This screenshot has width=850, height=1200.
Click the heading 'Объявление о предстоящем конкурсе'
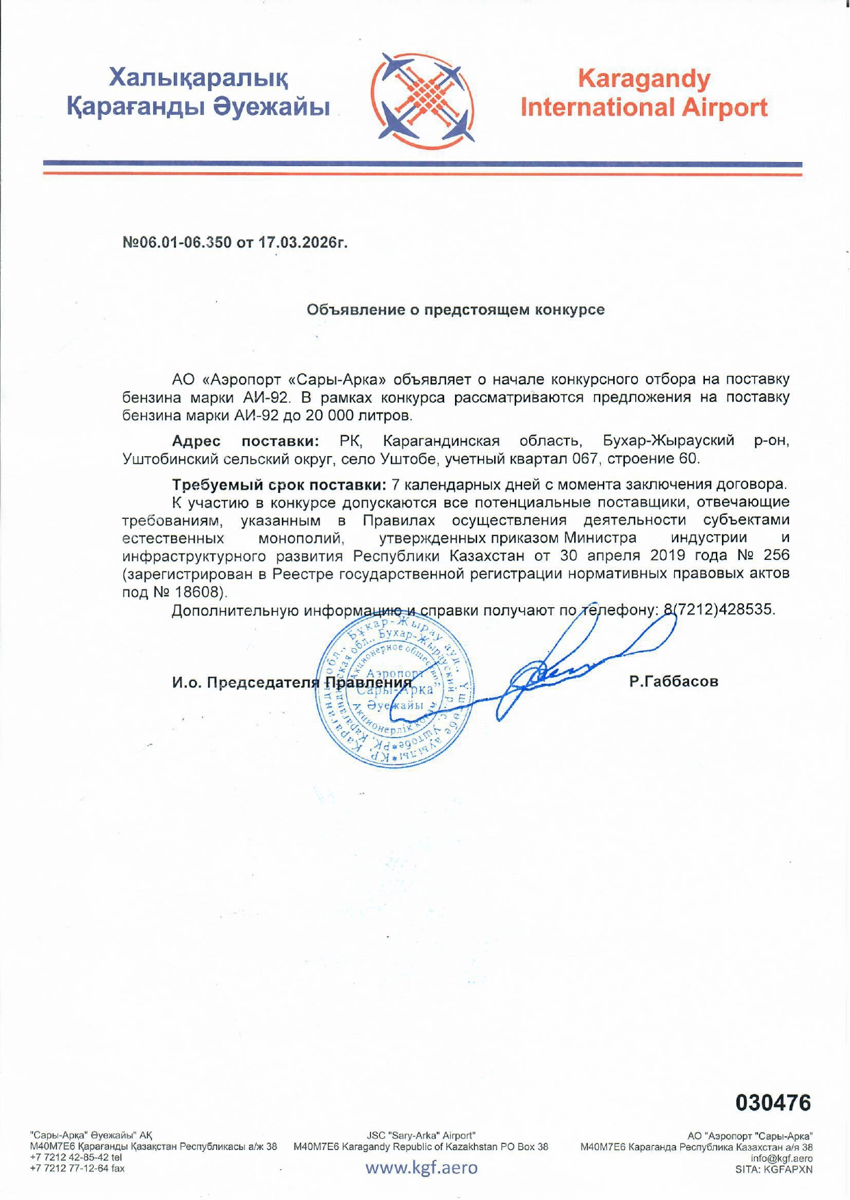455,310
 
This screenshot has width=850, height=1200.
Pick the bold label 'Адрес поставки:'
246,440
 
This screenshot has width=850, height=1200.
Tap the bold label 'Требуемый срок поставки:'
279,485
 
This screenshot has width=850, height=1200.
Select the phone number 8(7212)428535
719,609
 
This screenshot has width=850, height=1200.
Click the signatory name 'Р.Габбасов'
673,681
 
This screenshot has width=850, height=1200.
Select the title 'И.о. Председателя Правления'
292,682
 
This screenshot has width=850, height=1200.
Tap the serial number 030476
773,1102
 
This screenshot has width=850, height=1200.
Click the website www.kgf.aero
421,1168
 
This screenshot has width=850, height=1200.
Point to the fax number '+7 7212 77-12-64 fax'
77,1169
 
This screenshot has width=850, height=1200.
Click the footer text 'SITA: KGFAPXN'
773,1169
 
